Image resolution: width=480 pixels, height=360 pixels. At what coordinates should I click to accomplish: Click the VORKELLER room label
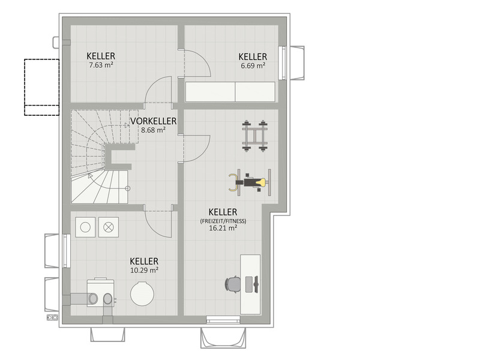(x=154, y=121)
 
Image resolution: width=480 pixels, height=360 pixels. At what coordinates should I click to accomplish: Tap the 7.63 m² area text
(x=101, y=65)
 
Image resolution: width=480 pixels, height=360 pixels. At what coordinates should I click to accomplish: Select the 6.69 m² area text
(x=253, y=65)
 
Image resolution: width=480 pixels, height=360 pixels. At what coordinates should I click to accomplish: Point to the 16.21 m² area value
(x=223, y=228)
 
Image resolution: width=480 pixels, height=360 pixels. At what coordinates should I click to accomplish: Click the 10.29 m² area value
(x=144, y=270)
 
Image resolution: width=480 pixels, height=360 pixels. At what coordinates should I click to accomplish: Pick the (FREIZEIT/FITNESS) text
(x=223, y=221)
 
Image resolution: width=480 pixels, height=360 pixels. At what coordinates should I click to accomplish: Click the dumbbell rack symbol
(x=254, y=136)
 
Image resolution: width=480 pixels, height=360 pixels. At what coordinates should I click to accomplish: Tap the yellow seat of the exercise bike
(x=262, y=182)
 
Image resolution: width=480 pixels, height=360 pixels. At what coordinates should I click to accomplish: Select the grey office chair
(x=232, y=284)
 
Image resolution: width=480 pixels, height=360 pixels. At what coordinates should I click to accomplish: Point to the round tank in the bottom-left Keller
(x=142, y=293)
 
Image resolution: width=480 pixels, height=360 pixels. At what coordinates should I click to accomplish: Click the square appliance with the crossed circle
(x=109, y=227)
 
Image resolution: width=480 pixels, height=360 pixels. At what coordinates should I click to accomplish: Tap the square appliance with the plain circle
(x=85, y=227)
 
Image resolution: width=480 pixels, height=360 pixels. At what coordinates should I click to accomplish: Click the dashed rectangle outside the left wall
(x=41, y=87)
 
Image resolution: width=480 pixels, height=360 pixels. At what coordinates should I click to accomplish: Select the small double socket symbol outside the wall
(x=52, y=317)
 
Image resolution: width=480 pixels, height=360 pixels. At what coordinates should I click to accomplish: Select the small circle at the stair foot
(x=128, y=188)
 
